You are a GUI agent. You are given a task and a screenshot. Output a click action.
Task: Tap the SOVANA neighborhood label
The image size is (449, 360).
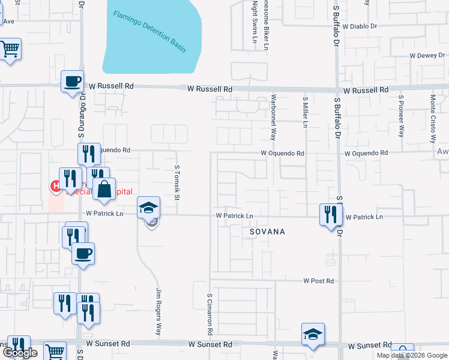(267, 231)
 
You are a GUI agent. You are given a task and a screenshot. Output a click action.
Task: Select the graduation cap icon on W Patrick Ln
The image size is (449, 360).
(148, 208)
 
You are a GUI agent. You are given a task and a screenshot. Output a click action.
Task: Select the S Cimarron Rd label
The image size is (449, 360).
(209, 314)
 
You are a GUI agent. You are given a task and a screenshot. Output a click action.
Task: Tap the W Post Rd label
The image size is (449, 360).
(318, 281)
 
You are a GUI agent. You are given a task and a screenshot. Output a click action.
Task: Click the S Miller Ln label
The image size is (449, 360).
(306, 113)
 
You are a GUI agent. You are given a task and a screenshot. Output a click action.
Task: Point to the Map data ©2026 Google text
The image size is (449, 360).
(411, 355)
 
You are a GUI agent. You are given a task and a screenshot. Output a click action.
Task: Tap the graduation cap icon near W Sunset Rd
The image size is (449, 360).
(313, 334)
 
